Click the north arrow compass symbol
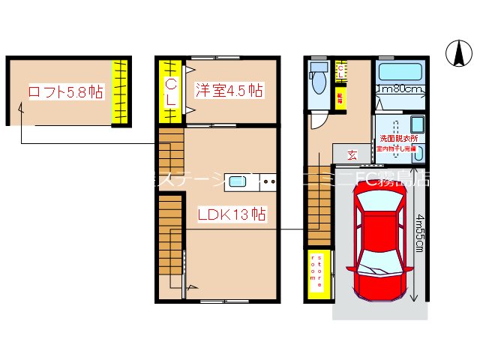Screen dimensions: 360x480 click(457, 52)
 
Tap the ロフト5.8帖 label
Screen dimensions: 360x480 click(65, 92)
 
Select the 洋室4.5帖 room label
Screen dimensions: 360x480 click(229, 91)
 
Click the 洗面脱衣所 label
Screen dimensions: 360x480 click(398, 138)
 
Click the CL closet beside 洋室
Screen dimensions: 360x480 click(171, 91)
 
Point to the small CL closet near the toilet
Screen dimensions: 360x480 click(340, 73)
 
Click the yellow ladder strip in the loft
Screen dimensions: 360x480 click(119, 93)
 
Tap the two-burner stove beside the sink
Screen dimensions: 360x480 click(268, 181)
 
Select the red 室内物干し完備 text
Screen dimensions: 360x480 click(398, 149)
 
